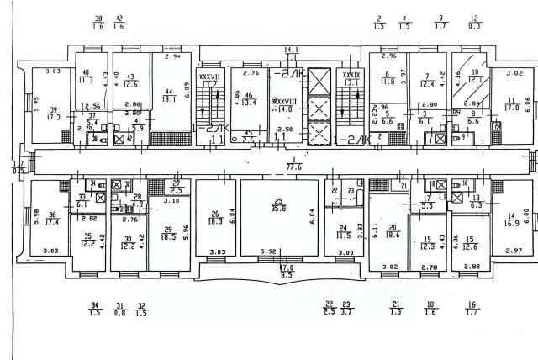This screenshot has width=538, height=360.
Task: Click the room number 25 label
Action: (277, 199)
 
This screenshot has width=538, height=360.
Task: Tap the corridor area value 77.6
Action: (294, 167)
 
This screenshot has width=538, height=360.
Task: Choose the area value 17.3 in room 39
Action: (55, 118)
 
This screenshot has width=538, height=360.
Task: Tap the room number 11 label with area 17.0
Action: (511, 100)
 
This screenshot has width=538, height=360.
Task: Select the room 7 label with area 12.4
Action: (427, 77)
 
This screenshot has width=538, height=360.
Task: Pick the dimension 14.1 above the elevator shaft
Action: (292, 50)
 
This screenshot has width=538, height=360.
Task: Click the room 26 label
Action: (215, 213)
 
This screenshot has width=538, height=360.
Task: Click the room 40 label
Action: (86, 72)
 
